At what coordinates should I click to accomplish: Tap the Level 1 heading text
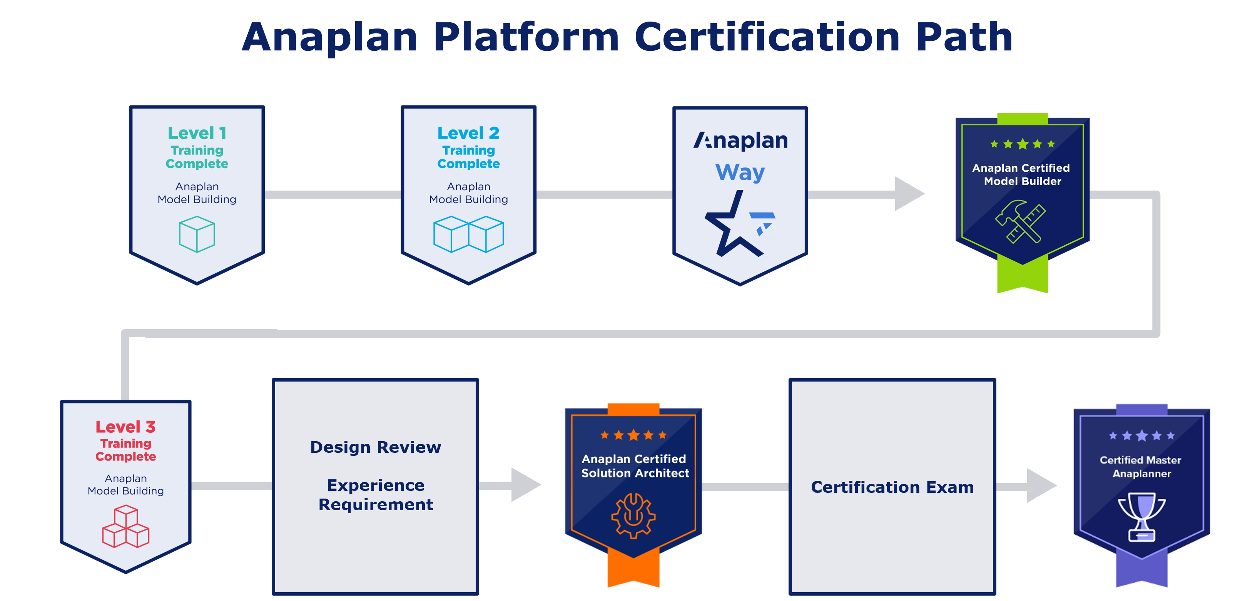click(197, 133)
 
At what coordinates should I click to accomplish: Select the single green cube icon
click(197, 234)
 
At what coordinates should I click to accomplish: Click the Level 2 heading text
click(468, 133)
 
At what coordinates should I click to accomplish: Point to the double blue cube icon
click(468, 234)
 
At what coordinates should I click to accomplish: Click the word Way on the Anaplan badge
click(740, 172)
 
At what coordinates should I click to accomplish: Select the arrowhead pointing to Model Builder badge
click(908, 194)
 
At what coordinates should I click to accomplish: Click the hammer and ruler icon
click(1021, 221)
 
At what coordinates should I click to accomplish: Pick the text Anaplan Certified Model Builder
click(1022, 174)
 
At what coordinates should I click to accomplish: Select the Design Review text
click(376, 447)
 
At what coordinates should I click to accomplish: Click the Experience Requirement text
click(376, 495)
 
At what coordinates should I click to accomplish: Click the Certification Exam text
click(892, 487)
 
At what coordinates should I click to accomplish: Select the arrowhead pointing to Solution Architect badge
click(525, 485)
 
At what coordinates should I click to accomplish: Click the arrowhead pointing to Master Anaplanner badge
click(1041, 485)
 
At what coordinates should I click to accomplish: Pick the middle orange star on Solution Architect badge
click(633, 435)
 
